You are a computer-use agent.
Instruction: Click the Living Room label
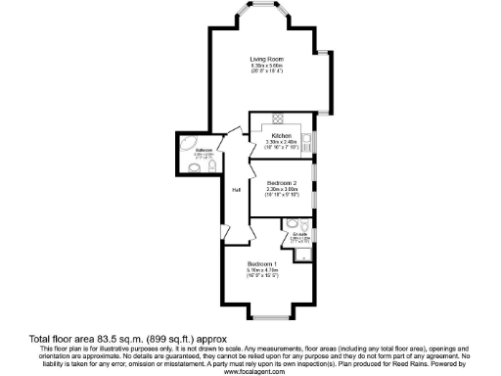pos(265,60)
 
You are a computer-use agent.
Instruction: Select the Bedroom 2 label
pos(282,184)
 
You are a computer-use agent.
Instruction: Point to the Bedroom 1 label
pos(261,264)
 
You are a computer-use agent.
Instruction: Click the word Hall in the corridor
pos(236,190)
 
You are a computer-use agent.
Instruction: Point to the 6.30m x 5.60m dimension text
pos(265,67)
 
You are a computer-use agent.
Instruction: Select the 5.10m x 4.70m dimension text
pos(261,271)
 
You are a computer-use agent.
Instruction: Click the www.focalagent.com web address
pos(253,371)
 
